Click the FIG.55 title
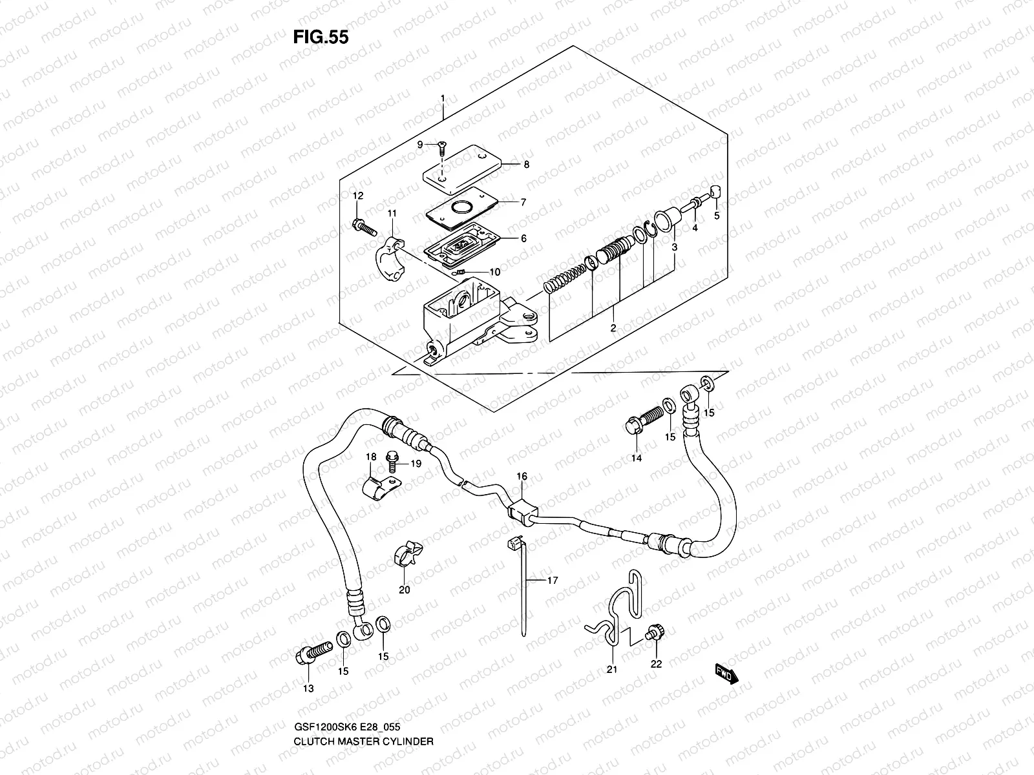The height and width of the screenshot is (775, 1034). coord(321,37)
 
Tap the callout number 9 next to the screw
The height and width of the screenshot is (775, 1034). coord(419,145)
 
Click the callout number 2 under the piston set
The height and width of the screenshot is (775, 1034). coord(613,328)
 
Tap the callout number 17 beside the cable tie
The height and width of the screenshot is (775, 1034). coord(552,581)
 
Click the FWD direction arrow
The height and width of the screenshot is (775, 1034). coord(726,675)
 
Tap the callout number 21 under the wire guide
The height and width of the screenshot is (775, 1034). coord(612,669)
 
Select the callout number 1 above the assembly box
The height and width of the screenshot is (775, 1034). coord(443,98)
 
